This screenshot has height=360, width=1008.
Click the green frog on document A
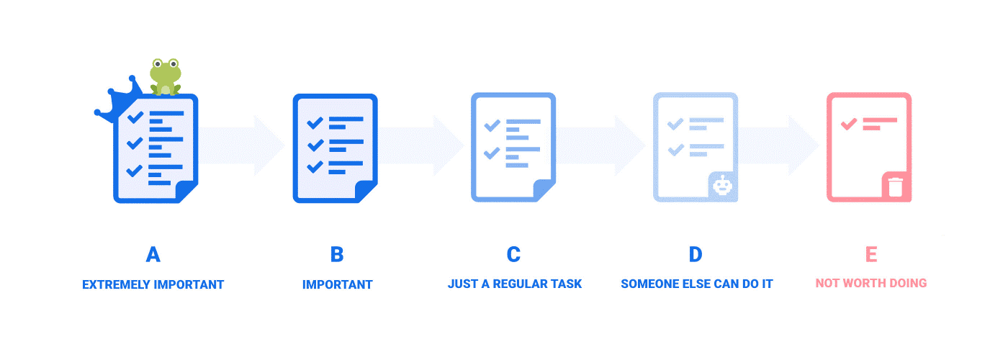[166, 77]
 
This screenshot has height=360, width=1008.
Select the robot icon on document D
[722, 186]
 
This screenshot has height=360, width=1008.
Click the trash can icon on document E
[896, 186]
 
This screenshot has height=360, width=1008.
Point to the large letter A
[153, 254]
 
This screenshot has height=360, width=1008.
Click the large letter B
[337, 254]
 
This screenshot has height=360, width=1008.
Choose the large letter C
[513, 254]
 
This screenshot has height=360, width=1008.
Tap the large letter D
[696, 254]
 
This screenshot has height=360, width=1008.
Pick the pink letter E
[871, 254]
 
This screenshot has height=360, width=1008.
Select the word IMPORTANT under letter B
[338, 285]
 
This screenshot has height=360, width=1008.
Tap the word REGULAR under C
[521, 284]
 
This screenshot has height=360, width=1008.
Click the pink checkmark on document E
[849, 124]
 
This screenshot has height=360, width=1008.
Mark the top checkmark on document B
[315, 123]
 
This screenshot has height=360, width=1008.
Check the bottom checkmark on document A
[134, 171]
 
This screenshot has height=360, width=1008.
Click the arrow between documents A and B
[241, 145]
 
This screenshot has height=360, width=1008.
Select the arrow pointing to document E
[778, 145]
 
